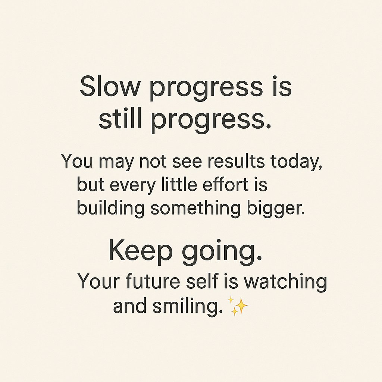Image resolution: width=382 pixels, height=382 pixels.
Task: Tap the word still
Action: coord(119,120)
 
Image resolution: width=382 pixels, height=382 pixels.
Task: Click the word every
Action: coord(133,185)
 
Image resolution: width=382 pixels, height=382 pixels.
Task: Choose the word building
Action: coord(110,209)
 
